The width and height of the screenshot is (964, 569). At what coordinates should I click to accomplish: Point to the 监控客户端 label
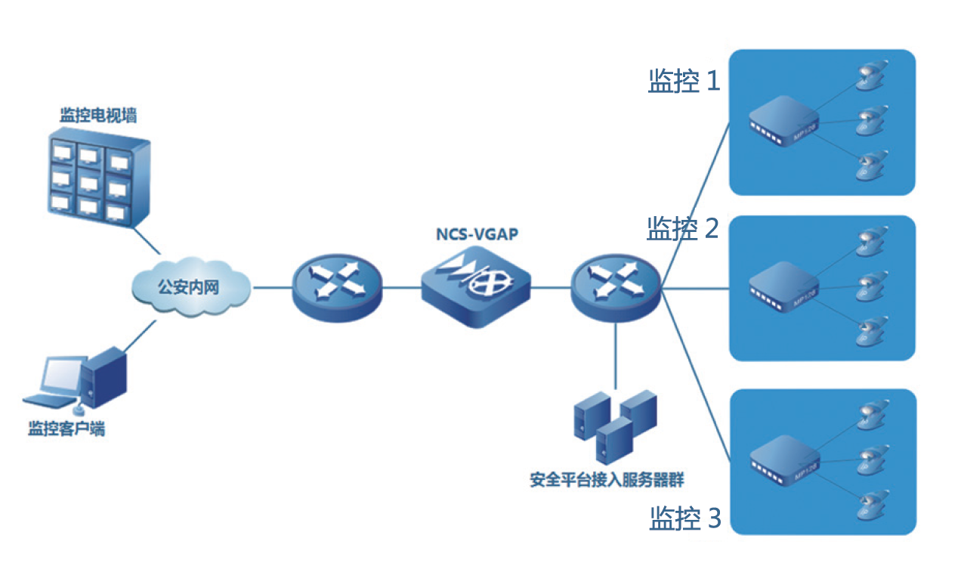[x=66, y=429]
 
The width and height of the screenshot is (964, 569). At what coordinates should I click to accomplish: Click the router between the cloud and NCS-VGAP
[x=337, y=287]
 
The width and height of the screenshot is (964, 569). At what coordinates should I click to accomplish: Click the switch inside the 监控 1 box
[x=783, y=123]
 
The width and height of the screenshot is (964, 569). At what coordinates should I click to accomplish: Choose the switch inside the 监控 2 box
[x=783, y=286]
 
